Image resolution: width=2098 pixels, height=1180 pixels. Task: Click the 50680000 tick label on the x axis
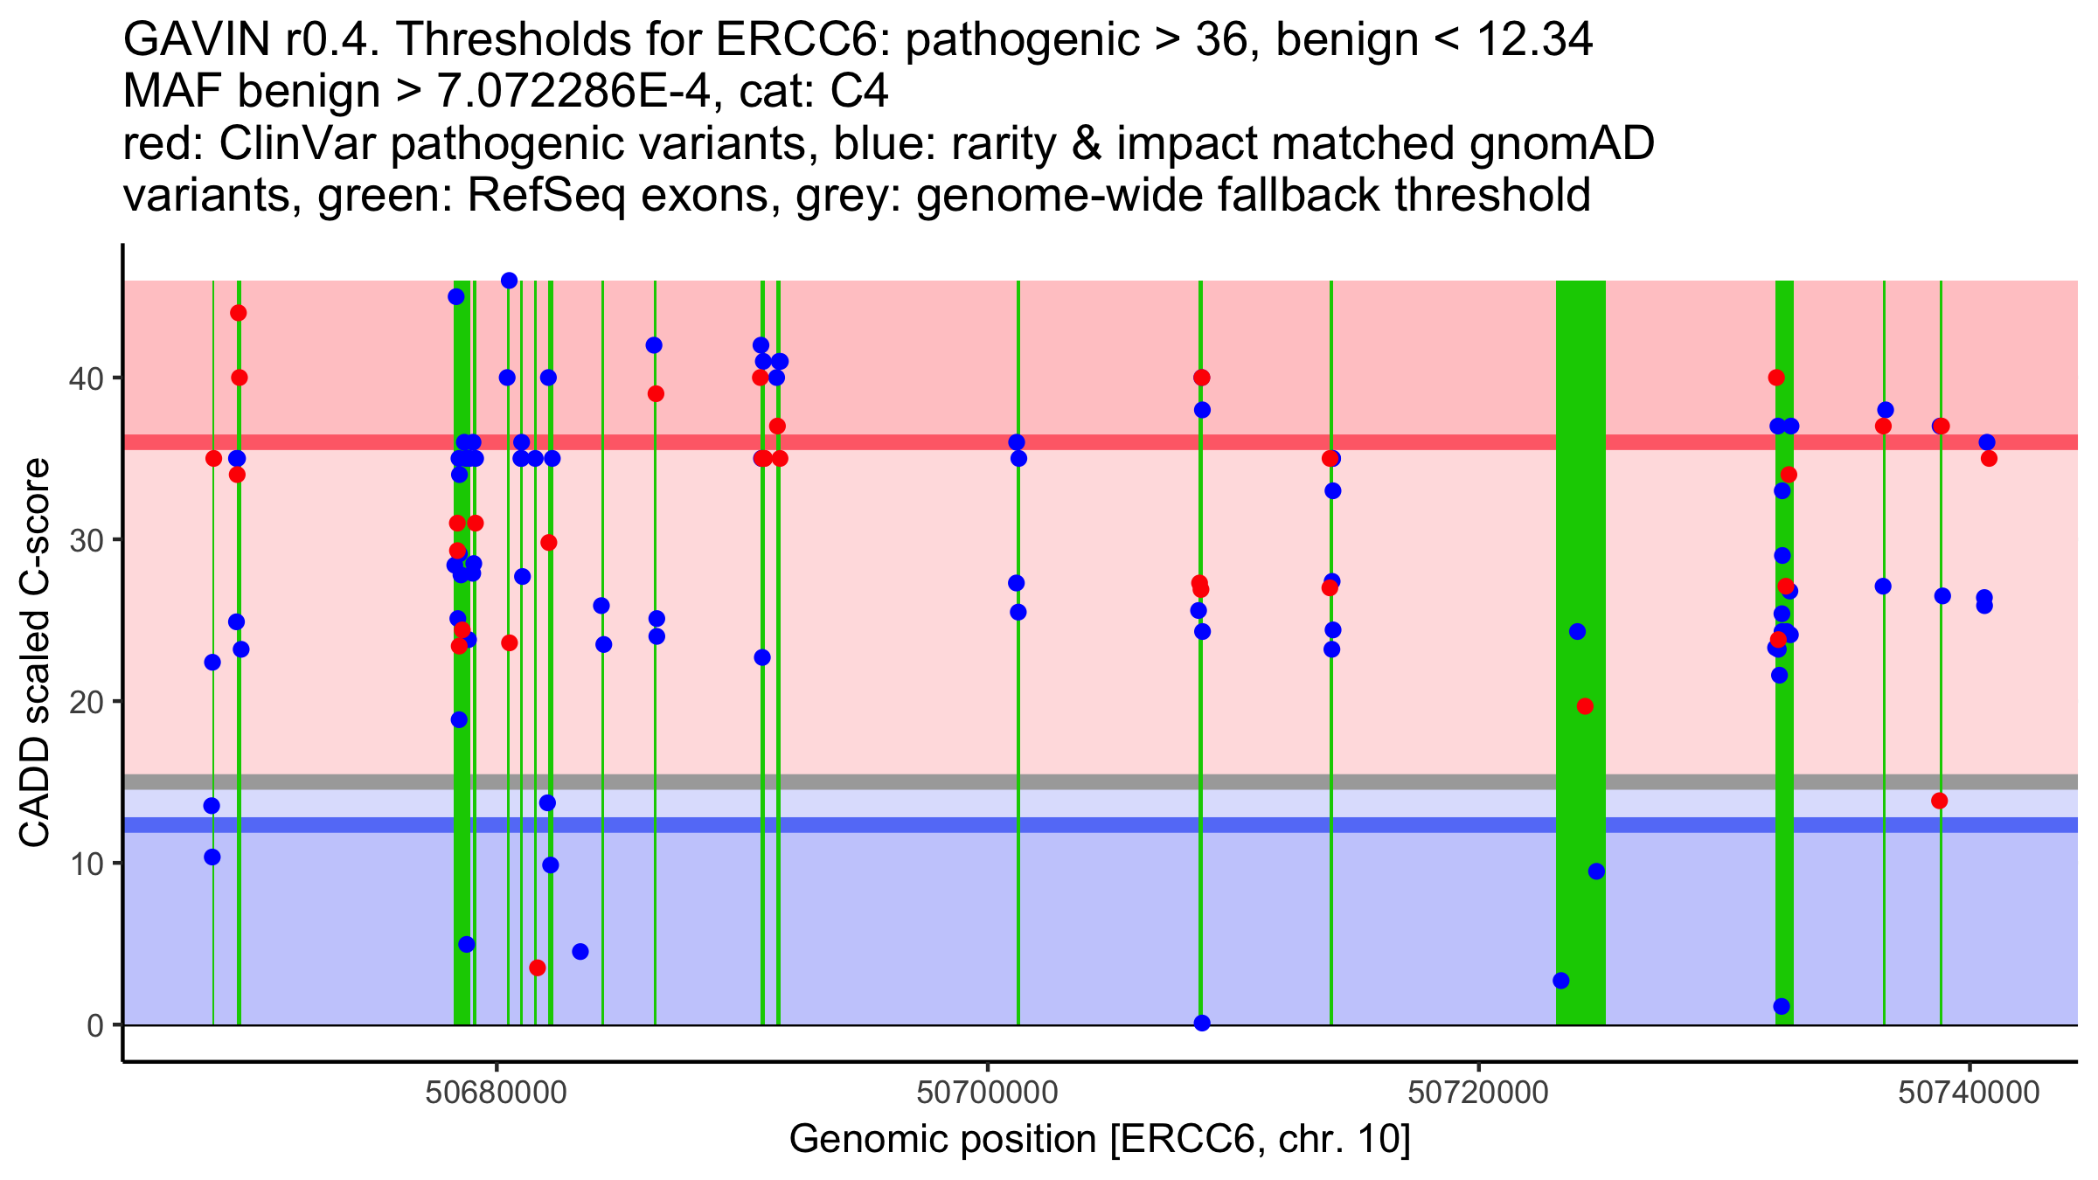pyautogui.click(x=497, y=1093)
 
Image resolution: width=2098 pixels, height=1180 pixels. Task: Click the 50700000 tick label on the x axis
pyautogui.click(x=988, y=1093)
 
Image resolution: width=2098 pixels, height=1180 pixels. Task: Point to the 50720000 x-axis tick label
pyautogui.click(x=1479, y=1093)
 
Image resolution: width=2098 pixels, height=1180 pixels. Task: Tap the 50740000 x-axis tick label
pyautogui.click(x=1969, y=1093)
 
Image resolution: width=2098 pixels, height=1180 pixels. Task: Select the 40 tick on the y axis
pyautogui.click(x=91, y=378)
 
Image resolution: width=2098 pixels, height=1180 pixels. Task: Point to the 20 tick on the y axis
pyautogui.click(x=91, y=702)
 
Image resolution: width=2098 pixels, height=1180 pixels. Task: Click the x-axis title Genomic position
pyautogui.click(x=1100, y=1140)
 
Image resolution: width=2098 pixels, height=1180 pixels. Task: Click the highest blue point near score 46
pyautogui.click(x=509, y=281)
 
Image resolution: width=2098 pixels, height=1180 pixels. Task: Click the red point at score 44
pyautogui.click(x=238, y=313)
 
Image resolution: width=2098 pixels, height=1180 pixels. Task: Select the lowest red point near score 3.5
pyautogui.click(x=538, y=968)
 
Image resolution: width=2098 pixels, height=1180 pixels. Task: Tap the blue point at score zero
pyautogui.click(x=1202, y=1023)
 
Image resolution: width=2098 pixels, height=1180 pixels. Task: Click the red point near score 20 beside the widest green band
pyautogui.click(x=1585, y=706)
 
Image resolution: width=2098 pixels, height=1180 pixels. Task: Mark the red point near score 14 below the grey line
pyautogui.click(x=1940, y=801)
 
